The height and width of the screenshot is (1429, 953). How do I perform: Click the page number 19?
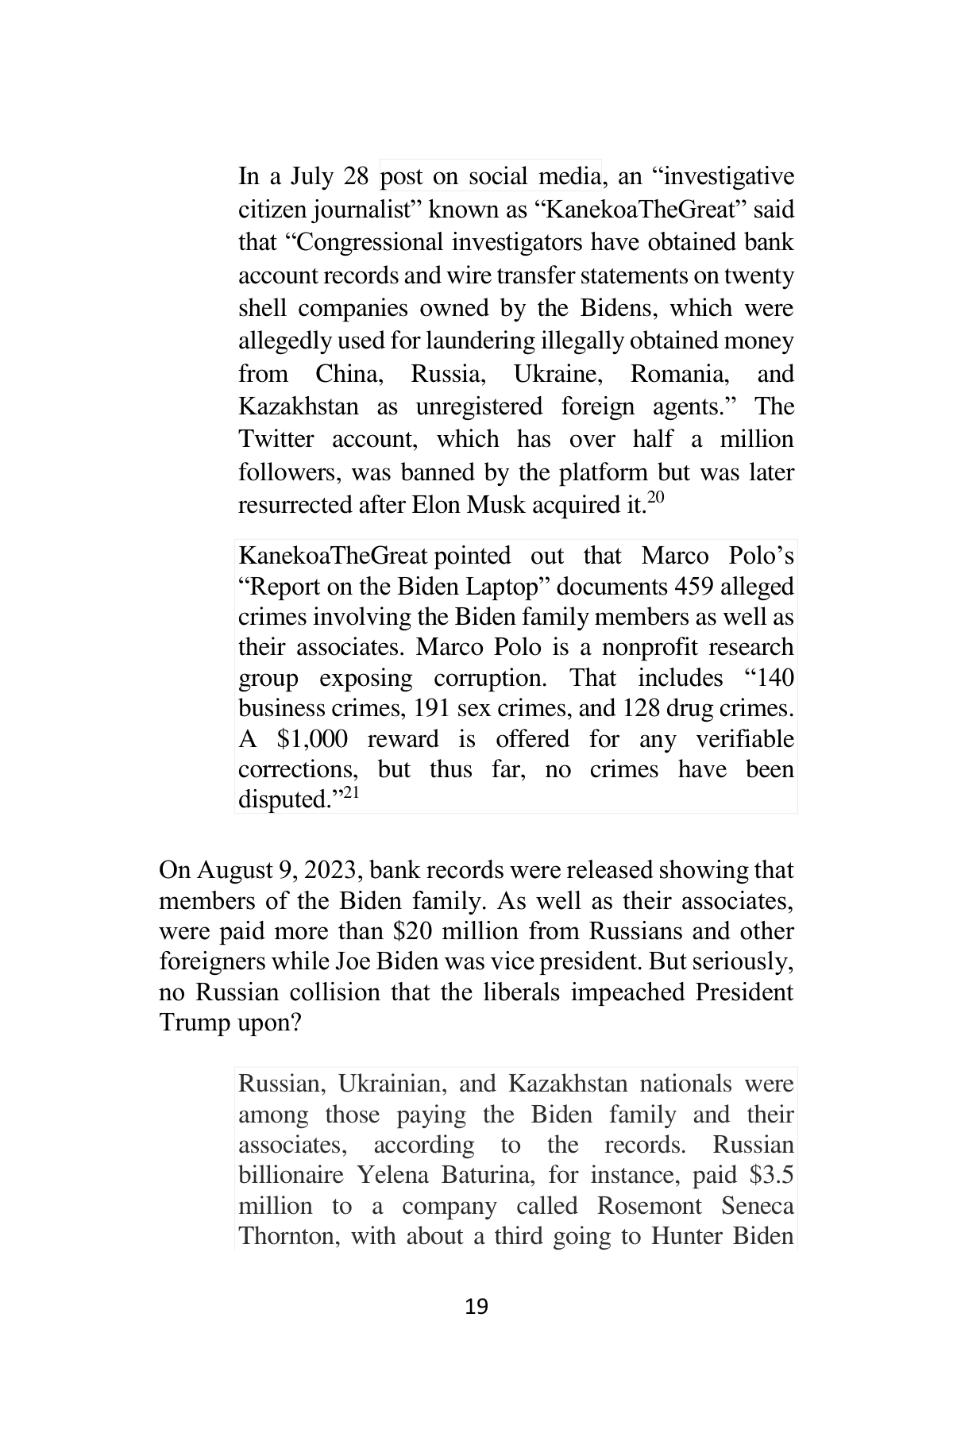(x=476, y=1306)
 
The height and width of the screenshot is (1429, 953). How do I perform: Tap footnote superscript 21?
(x=351, y=792)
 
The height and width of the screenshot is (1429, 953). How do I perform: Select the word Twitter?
(x=276, y=439)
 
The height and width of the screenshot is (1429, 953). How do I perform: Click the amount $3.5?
(x=770, y=1175)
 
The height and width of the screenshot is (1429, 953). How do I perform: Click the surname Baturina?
(x=481, y=1175)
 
